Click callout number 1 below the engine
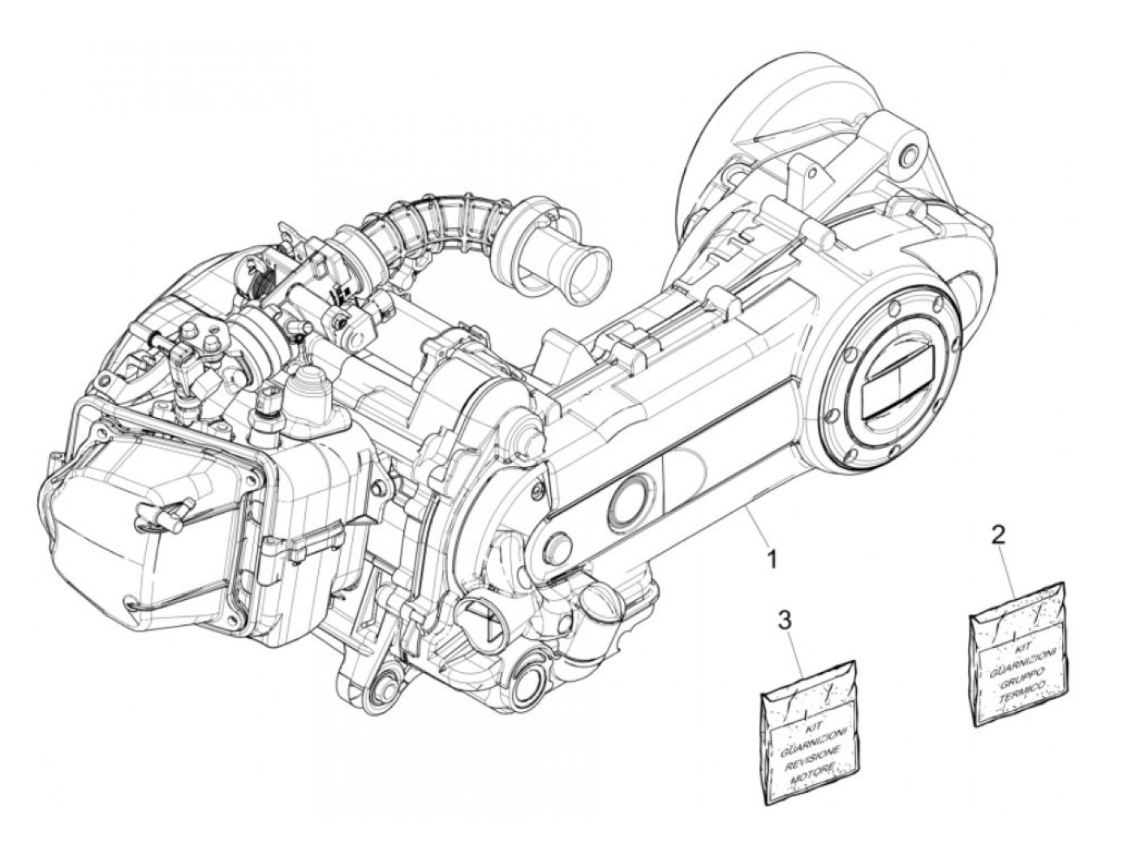[773, 559]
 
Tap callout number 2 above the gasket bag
[999, 535]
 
